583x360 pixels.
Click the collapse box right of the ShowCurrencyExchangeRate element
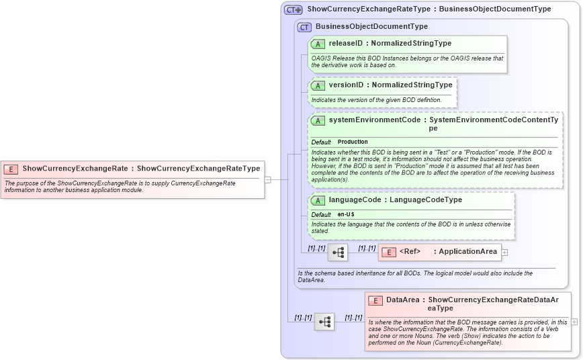[x=267, y=180]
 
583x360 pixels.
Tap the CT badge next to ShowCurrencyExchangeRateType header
[x=294, y=10]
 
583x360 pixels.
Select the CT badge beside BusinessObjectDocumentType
[x=304, y=28]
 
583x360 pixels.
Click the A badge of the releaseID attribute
[x=318, y=44]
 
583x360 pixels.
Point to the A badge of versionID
[x=318, y=86]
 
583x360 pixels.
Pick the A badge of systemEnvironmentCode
[x=318, y=120]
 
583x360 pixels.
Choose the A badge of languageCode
[x=318, y=200]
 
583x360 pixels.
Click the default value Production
[x=353, y=142]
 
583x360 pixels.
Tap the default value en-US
[x=347, y=214]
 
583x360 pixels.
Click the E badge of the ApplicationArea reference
[x=388, y=253]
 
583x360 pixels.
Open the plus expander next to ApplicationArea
[x=505, y=253]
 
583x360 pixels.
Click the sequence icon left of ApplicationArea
[x=338, y=253]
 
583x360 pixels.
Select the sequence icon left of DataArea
[x=324, y=322]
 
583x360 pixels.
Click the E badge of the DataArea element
[x=375, y=300]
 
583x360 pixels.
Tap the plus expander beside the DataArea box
[x=574, y=322]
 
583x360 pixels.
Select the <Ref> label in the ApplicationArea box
[x=410, y=252]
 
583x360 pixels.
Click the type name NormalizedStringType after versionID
[x=411, y=85]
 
